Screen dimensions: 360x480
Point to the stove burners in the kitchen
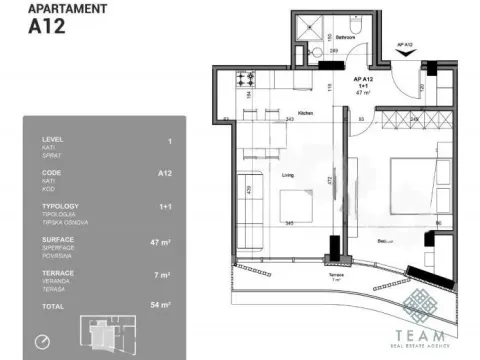pyautogui.click(x=245, y=77)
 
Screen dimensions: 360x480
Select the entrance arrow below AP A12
pyautogui.click(x=406, y=57)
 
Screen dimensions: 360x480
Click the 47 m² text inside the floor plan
pyautogui.click(x=364, y=93)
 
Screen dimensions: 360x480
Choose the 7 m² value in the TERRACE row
pyautogui.click(x=164, y=273)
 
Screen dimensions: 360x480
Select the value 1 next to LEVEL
pyautogui.click(x=169, y=141)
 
